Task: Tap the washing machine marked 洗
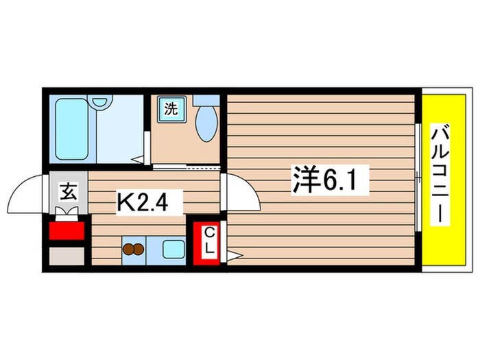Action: (168, 108)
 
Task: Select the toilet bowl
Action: (205, 123)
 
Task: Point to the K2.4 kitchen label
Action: (149, 202)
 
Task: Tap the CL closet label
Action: (210, 244)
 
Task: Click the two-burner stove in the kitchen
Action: (133, 250)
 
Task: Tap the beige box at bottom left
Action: (66, 256)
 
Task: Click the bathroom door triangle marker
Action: (141, 160)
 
